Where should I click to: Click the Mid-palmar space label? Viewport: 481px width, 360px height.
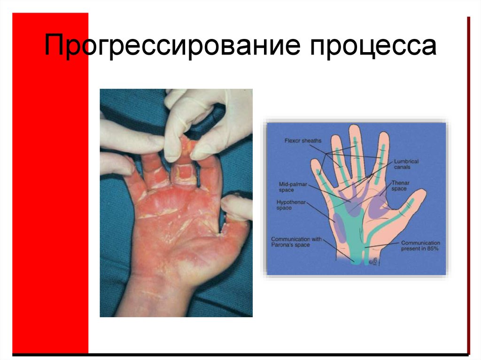pyautogui.click(x=293, y=187)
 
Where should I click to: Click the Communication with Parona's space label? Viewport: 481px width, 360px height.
pyautogui.click(x=296, y=242)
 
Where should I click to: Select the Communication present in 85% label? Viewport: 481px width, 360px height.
pyautogui.click(x=419, y=245)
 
